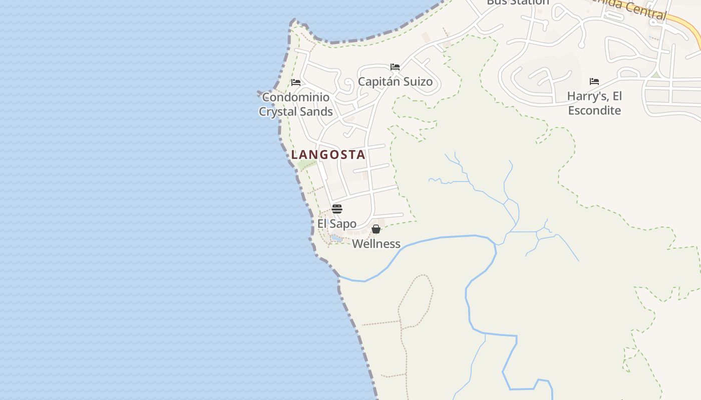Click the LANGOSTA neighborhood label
328,155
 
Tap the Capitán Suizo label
395,82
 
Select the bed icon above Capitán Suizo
395,67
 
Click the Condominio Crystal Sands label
295,104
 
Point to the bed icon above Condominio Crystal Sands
296,82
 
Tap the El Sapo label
337,223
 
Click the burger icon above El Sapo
337,209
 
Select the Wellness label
376,244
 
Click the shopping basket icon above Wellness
376,229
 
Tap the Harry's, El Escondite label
594,103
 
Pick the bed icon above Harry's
594,81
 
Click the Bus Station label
518,2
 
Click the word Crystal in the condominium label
278,111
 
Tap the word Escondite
594,110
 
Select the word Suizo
417,82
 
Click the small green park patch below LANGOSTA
304,164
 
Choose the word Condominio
295,97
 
